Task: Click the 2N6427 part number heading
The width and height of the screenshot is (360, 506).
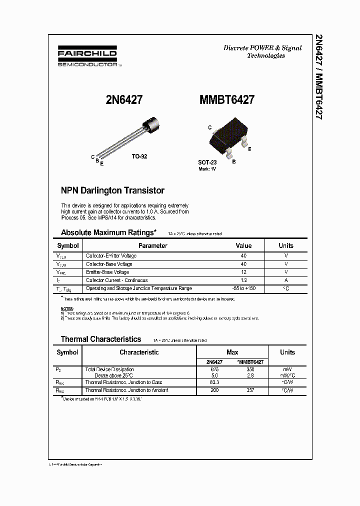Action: point(124,99)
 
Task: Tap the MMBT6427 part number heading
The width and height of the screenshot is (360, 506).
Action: point(226,99)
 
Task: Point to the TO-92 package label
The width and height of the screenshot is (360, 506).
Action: point(139,156)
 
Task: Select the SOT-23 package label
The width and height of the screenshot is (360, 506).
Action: point(207,163)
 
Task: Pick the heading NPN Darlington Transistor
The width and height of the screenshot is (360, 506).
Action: point(112,190)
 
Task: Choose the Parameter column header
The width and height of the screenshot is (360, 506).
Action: point(152,245)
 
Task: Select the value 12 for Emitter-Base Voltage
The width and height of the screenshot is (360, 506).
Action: point(243,272)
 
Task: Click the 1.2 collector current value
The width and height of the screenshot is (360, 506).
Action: point(243,280)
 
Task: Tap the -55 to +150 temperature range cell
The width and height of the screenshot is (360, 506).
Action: point(243,288)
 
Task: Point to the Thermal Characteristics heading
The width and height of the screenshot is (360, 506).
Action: point(101,339)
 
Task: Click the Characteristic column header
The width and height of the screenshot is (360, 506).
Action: point(139,352)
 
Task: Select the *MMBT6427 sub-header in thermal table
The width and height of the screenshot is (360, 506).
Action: point(250,361)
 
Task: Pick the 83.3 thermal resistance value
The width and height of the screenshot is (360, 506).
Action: point(214,382)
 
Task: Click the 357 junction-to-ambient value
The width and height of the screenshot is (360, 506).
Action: point(250,390)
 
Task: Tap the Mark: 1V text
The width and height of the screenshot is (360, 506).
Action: point(207,169)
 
